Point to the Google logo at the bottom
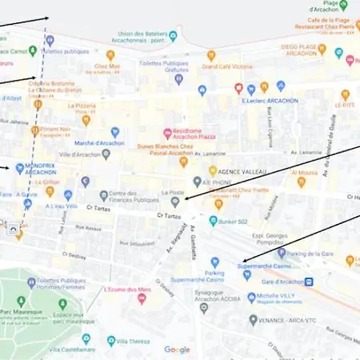(177, 350)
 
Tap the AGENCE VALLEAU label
(240, 171)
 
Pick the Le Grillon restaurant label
(47, 182)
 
